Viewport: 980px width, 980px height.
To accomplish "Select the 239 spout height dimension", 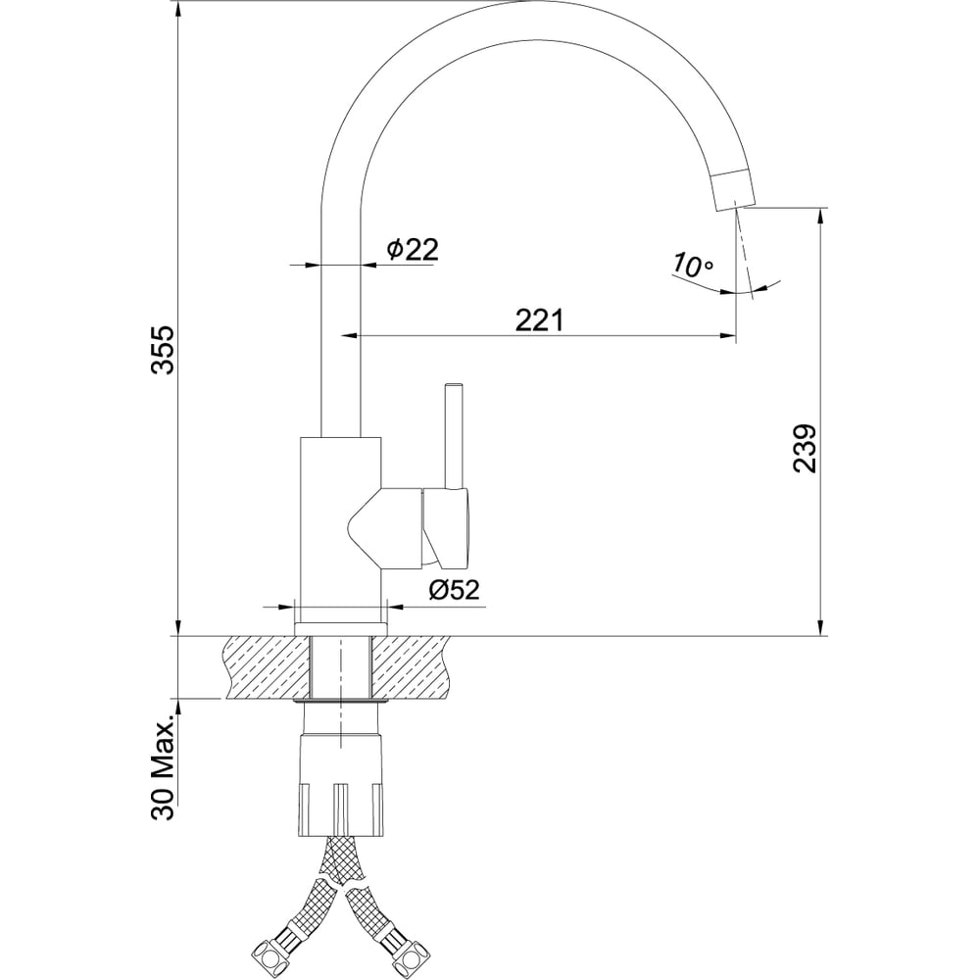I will point(805,448).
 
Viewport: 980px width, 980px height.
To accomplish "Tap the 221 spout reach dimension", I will point(539,319).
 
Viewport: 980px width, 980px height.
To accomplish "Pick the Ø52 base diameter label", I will point(453,589).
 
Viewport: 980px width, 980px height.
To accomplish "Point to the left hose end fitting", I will point(271,951).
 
